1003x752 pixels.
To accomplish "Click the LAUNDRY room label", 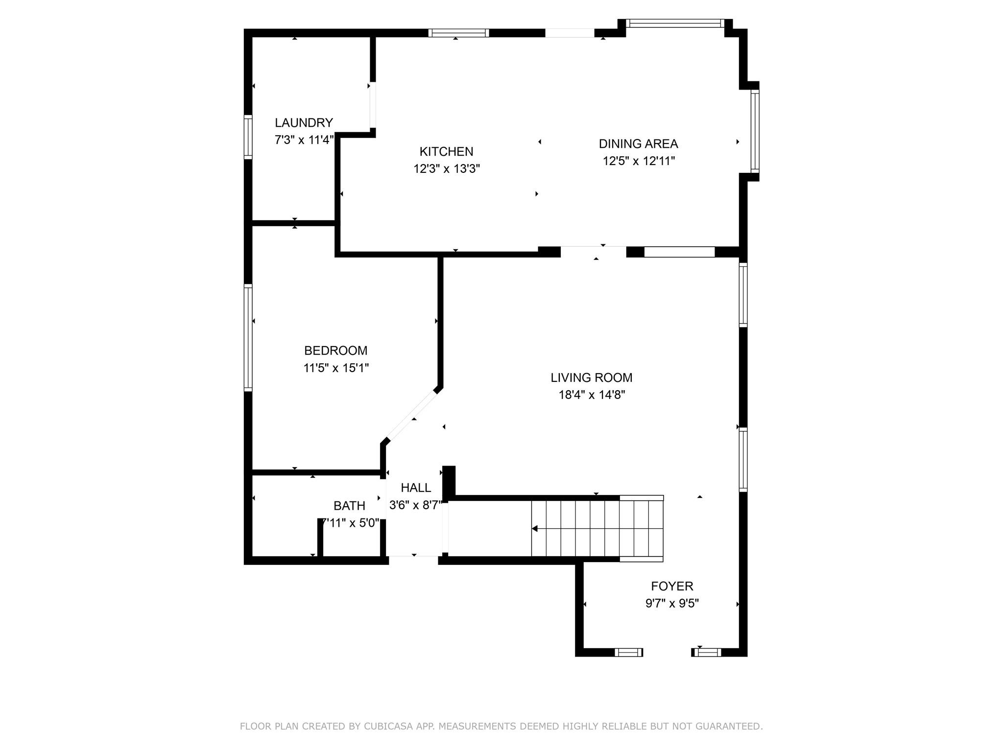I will pos(304,122).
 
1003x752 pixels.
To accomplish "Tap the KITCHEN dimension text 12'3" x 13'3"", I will pos(446,169).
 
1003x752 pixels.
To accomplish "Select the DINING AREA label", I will pos(638,144).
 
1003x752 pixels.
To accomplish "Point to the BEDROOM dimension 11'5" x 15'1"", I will pos(336,368).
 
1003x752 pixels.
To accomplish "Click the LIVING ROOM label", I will pos(591,377).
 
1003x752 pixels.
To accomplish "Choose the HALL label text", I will pos(416,488).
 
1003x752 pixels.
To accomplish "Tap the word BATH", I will pos(349,506).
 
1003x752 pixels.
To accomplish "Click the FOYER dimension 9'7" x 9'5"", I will pos(672,603).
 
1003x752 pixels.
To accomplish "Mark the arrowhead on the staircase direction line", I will pos(535,529).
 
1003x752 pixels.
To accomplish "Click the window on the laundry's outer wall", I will pos(248,137).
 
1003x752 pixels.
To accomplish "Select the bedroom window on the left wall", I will pos(248,337).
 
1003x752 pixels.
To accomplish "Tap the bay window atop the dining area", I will pos(675,23).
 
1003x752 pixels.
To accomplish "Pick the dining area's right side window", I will pos(755,131).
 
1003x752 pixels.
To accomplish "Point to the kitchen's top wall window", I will pos(458,33).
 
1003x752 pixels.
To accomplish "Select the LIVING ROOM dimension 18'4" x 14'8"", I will pos(592,395).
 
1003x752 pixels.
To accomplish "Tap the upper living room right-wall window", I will pos(743,295).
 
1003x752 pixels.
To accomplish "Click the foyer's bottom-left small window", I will pos(628,652).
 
